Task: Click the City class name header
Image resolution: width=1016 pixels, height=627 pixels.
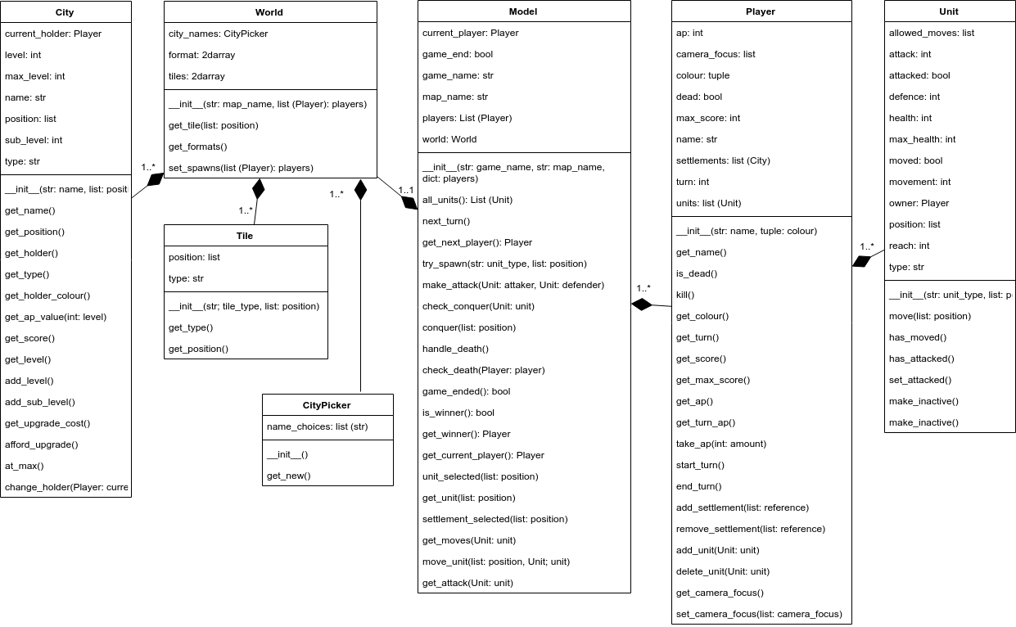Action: (65, 12)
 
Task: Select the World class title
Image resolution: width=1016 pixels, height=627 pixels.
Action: (269, 12)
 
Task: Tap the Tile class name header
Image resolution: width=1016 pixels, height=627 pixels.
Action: (245, 236)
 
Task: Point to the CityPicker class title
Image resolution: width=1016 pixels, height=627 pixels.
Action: (327, 405)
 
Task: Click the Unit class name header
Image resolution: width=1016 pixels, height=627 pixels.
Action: (949, 11)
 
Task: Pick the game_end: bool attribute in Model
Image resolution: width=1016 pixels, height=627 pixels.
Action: (458, 54)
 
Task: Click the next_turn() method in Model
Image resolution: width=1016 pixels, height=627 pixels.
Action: (446, 221)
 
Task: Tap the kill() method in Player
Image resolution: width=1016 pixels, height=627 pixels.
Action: (685, 295)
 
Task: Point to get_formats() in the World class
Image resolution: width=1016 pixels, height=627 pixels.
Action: (198, 147)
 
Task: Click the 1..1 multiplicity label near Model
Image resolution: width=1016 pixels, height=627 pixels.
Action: (405, 191)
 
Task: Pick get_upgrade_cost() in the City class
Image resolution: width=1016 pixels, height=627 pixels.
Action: (47, 423)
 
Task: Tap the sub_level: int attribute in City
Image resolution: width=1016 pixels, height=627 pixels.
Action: (34, 140)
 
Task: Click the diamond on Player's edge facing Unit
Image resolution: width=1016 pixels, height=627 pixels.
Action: (860, 261)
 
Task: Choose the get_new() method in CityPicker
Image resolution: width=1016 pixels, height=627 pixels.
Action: (289, 476)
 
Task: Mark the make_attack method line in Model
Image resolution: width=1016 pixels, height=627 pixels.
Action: (513, 285)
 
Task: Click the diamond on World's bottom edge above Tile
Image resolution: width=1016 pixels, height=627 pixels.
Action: (259, 189)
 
